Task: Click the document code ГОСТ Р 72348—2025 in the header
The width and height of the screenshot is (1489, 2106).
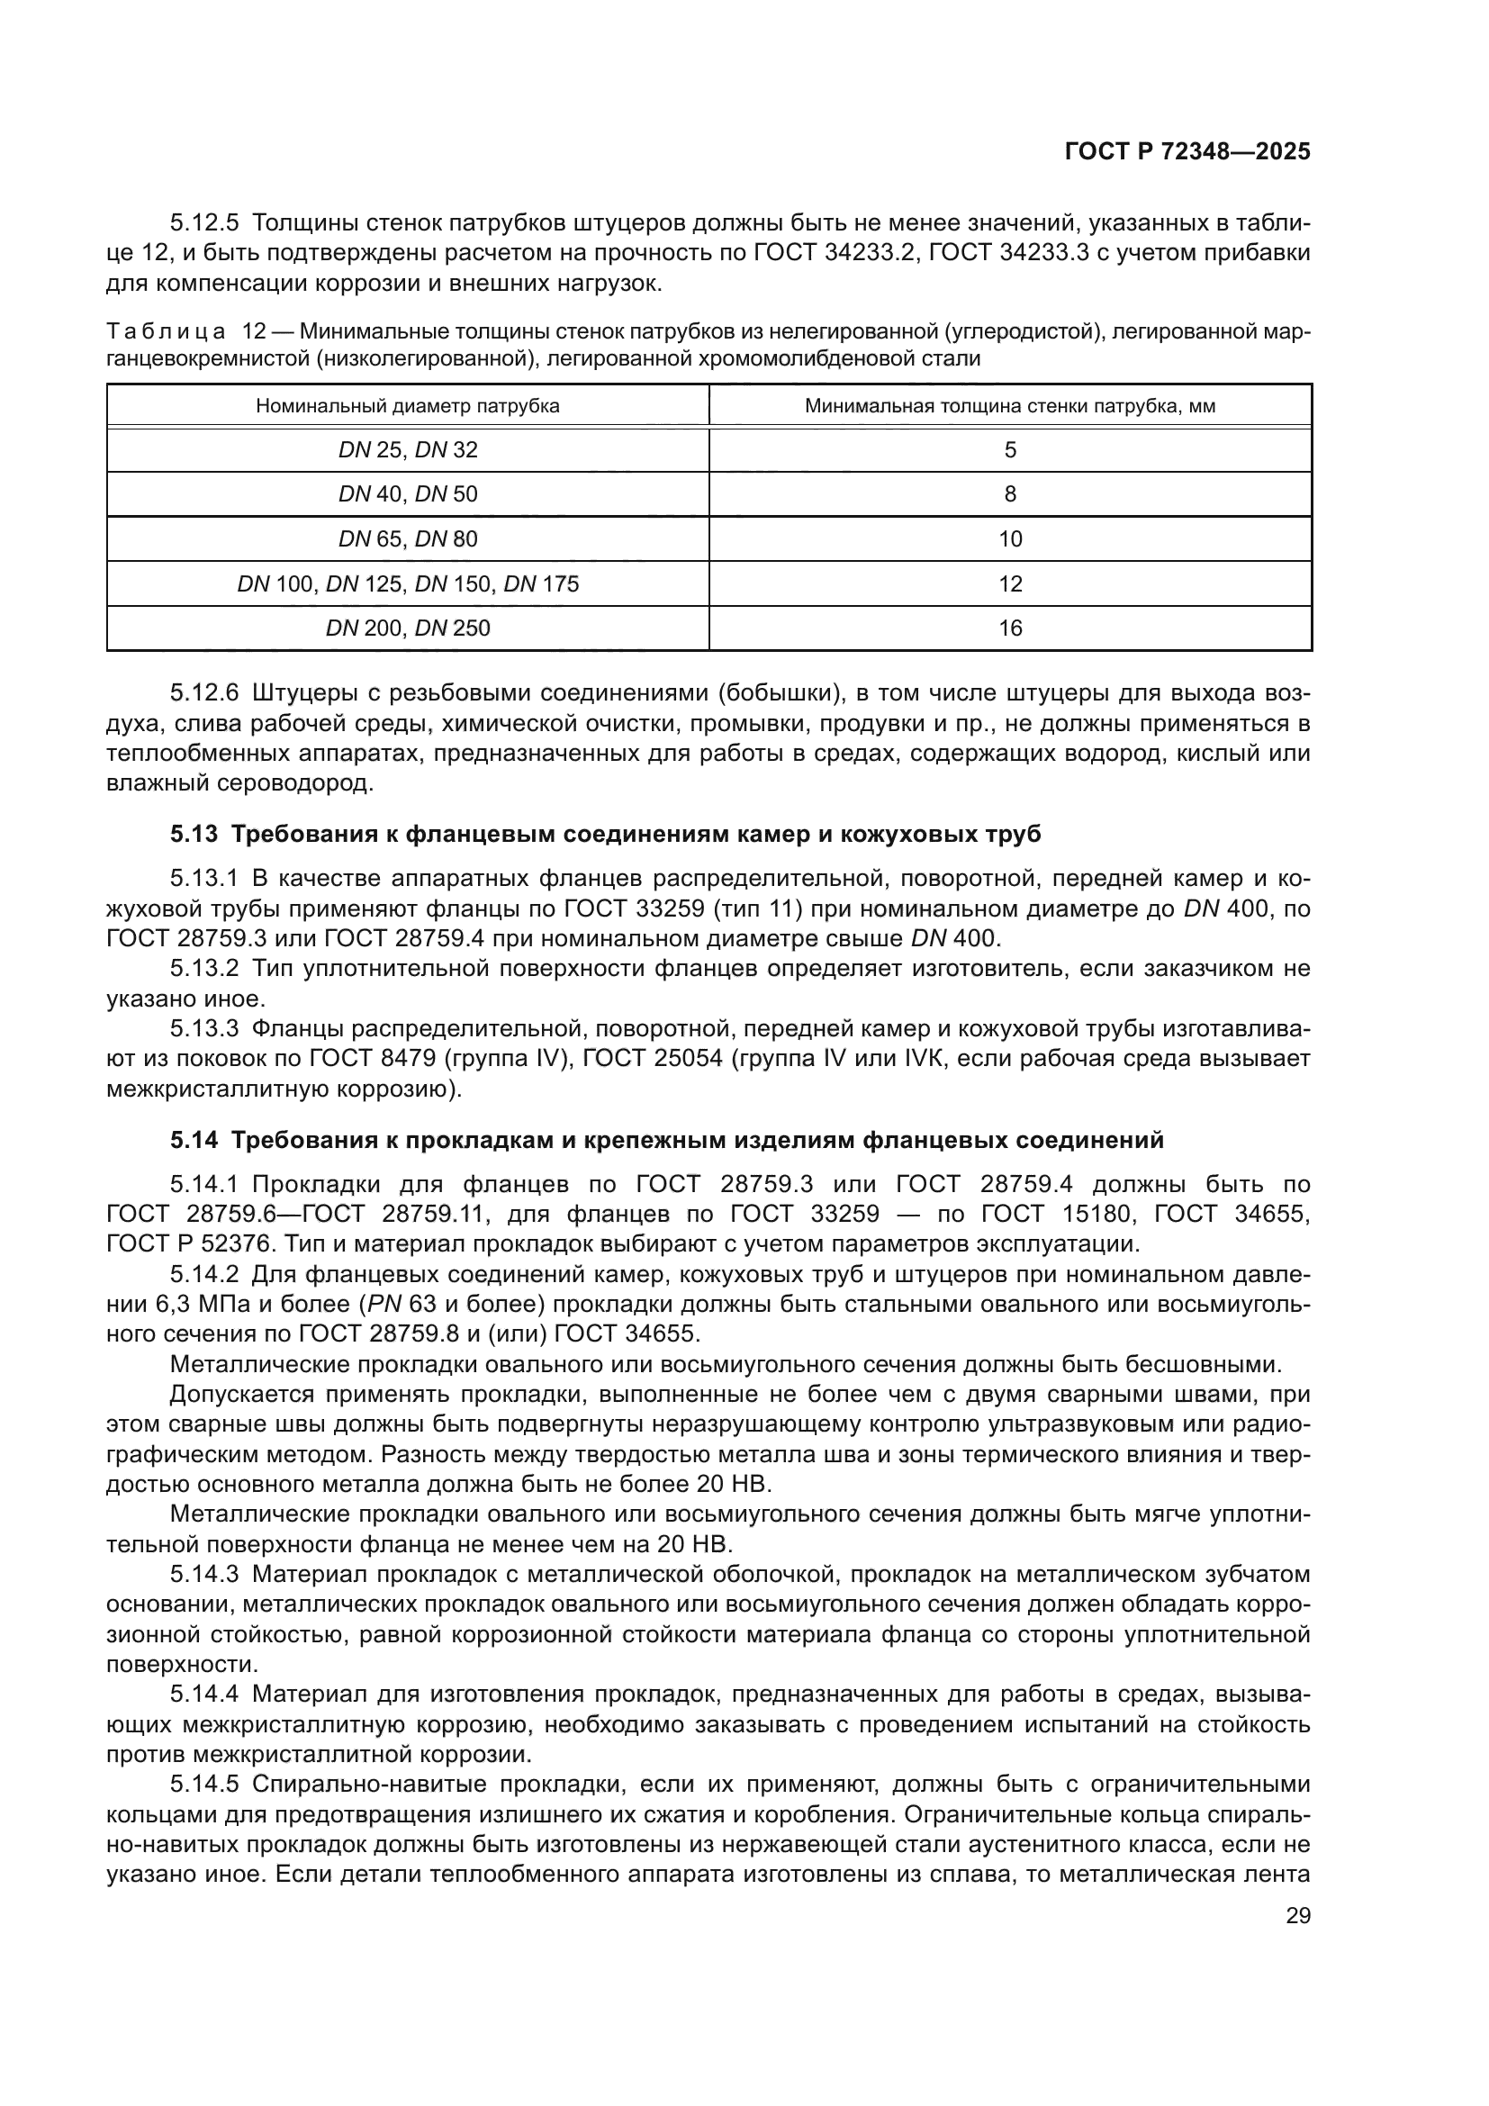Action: coord(1187,152)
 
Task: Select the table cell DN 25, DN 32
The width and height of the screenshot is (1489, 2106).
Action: coord(408,450)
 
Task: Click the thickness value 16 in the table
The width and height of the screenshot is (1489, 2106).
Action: coord(1009,628)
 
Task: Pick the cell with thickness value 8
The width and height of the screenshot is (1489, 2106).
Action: coord(1009,494)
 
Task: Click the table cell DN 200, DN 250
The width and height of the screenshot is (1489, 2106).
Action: coord(408,628)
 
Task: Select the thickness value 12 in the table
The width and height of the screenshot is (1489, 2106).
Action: coord(1009,584)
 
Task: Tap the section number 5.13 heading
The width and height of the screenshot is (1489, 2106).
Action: coord(194,835)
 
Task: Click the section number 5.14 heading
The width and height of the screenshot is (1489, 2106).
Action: coord(194,1140)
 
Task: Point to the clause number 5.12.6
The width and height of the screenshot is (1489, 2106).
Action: coord(203,693)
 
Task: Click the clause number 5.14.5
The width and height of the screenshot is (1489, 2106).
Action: coord(203,1784)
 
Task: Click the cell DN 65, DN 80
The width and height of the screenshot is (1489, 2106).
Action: coord(408,539)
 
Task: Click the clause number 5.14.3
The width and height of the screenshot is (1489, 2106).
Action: coord(203,1575)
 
